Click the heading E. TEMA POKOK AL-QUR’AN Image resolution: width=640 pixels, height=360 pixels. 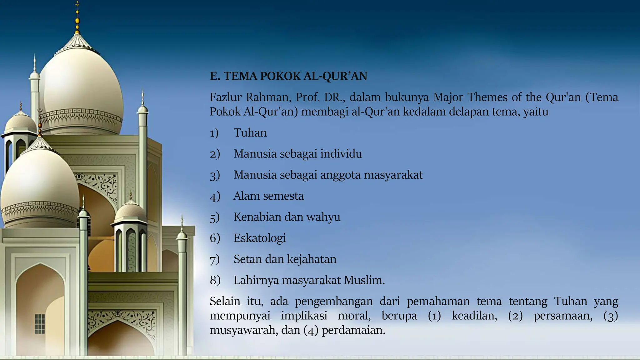tap(288, 76)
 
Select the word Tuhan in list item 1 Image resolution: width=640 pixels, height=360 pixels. tap(250, 133)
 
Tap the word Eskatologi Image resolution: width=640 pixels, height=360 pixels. tap(260, 238)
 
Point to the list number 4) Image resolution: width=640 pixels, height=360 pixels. tap(215, 197)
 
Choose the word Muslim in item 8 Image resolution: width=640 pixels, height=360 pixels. tap(364, 280)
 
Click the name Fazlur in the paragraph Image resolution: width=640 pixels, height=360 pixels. tap(225, 97)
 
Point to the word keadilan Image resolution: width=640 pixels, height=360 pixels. tap(474, 316)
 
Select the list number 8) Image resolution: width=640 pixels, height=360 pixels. tap(215, 280)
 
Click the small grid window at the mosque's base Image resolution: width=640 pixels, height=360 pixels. tap(40, 324)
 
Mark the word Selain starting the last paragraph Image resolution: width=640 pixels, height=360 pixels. tap(225, 301)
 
